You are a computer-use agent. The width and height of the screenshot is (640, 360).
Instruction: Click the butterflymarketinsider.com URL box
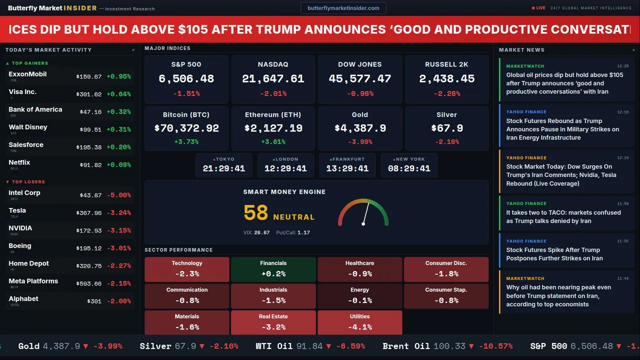tap(343, 8)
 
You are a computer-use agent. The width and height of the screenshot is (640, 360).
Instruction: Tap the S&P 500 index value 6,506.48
tap(186, 79)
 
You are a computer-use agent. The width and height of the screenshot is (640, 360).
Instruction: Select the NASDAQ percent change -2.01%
tap(273, 93)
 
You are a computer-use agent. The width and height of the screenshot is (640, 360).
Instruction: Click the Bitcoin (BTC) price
tap(186, 128)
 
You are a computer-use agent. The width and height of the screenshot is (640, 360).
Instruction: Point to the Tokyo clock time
tap(224, 169)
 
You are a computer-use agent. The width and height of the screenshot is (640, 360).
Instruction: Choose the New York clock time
tap(409, 169)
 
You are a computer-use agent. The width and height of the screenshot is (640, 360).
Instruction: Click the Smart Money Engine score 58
tap(256, 213)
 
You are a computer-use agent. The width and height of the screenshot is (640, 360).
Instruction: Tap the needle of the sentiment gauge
tap(365, 213)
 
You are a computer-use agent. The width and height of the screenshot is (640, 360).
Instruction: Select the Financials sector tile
tap(273, 269)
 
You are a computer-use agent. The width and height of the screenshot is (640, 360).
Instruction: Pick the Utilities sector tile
tap(359, 322)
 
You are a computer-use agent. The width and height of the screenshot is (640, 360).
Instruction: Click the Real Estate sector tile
tap(273, 322)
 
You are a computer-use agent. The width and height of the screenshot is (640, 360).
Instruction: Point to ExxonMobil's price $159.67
tap(89, 77)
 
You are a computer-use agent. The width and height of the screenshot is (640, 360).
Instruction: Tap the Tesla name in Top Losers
tap(17, 210)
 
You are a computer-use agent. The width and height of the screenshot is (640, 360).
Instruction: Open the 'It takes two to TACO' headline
tap(563, 216)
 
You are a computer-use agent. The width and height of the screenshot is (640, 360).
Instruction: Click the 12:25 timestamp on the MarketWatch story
tap(622, 66)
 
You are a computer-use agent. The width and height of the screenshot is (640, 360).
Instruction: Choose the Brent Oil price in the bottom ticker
tap(449, 346)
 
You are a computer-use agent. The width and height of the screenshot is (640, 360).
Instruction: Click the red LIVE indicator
tap(539, 8)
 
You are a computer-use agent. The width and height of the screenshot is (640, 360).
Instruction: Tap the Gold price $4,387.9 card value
tap(360, 128)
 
